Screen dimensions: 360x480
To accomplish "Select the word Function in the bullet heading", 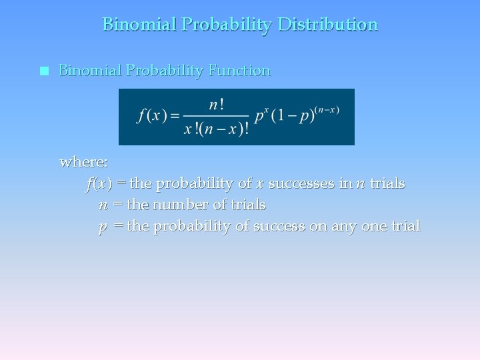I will pos(239,71).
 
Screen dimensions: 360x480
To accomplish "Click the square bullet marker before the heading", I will pos(44,71).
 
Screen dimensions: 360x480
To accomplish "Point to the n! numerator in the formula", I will pos(216,105).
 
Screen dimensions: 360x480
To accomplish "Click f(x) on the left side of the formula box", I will pos(151,115).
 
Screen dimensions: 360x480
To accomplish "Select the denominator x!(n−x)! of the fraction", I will pos(216,129).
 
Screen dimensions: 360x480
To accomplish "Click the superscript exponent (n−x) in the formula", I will pos(328,109).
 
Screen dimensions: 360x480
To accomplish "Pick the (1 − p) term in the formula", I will pos(296,116).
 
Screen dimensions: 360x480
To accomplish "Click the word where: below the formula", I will pos(84,162).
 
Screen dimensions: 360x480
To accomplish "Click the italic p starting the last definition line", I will pos(103,227).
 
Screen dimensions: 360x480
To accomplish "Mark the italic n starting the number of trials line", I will pos(103,205).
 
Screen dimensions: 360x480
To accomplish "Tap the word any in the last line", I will pos(345,227).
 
